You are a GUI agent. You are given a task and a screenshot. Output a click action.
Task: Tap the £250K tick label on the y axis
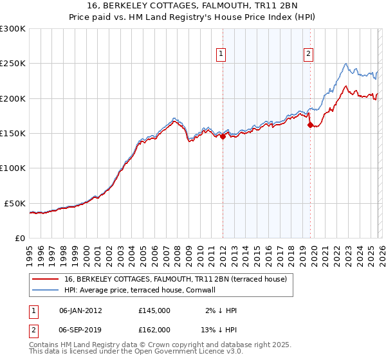pyautogui.click(x=12, y=64)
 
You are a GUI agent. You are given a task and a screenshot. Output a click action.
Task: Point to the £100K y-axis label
pyautogui.click(x=12, y=168)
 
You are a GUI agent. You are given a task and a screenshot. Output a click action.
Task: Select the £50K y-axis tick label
pyautogui.click(x=14, y=203)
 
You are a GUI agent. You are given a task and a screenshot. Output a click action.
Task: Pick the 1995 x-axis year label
pyautogui.click(x=30, y=251)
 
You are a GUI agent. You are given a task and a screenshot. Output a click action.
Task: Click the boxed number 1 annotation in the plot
pyautogui.click(x=221, y=55)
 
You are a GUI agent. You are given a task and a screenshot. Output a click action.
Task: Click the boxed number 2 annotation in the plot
pyautogui.click(x=309, y=55)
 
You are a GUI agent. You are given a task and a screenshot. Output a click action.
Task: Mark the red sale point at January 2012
pyautogui.click(x=223, y=136)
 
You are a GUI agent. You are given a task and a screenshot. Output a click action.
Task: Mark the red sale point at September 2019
pyautogui.click(x=310, y=125)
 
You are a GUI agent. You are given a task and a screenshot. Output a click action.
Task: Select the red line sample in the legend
pyautogui.click(x=45, y=279)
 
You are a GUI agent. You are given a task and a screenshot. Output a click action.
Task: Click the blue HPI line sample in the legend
pyautogui.click(x=45, y=290)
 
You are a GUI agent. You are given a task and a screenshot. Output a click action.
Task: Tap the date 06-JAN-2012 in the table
pyautogui.click(x=80, y=310)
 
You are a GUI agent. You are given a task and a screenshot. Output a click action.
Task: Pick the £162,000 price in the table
pyautogui.click(x=154, y=329)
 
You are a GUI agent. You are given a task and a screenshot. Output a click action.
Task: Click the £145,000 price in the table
pyautogui.click(x=154, y=310)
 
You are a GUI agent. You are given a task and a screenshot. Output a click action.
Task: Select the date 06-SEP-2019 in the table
pyautogui.click(x=80, y=329)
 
